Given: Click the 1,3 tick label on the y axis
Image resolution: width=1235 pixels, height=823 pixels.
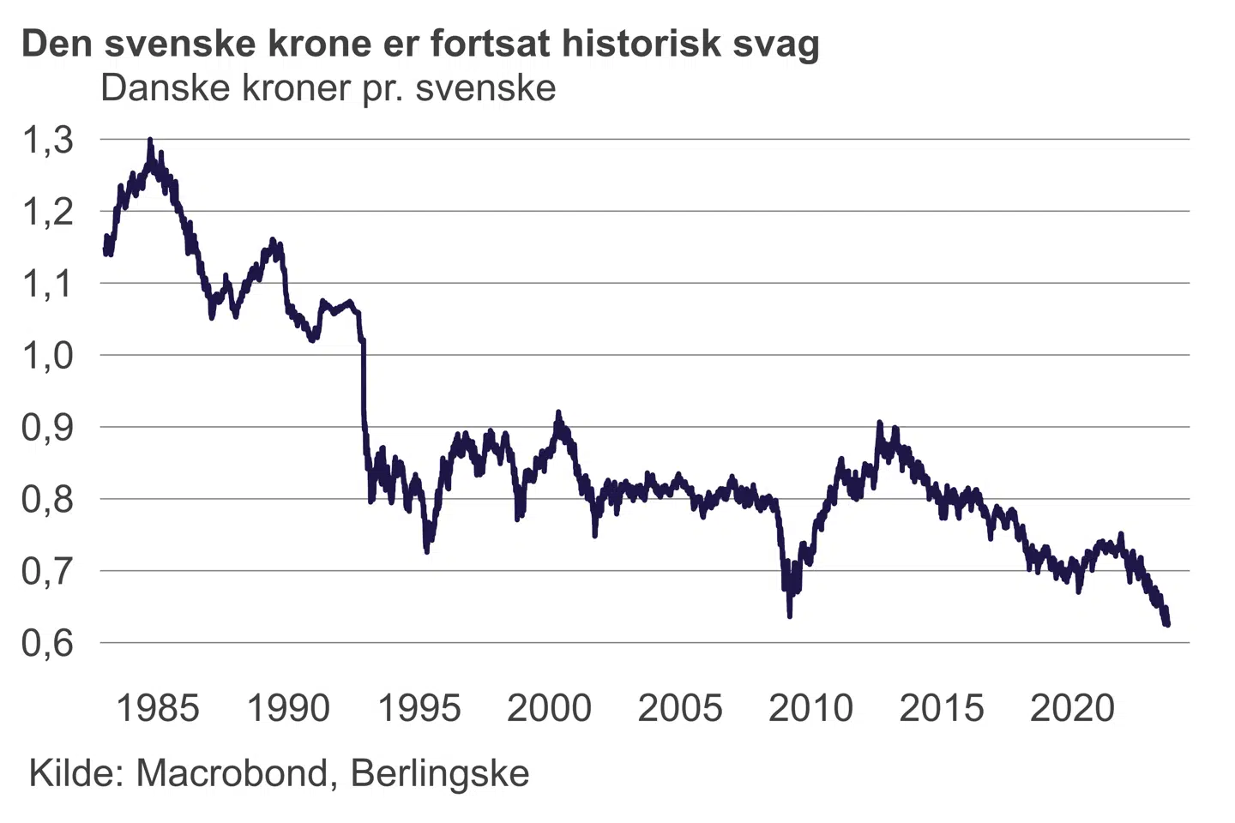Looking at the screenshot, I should point(48,140).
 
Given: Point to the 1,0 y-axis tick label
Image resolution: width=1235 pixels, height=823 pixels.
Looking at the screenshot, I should point(48,355).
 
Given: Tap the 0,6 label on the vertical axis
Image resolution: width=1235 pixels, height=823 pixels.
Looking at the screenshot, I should point(48,643).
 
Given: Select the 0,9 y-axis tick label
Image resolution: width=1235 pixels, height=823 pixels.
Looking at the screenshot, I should point(48,427).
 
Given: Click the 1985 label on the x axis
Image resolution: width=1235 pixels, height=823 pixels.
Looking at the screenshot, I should point(157,708).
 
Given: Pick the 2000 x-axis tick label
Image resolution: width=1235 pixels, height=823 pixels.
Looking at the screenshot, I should point(549,708).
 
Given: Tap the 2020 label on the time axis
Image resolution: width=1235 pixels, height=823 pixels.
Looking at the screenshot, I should point(1072,708).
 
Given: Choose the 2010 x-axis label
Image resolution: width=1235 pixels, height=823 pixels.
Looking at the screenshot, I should point(810,708).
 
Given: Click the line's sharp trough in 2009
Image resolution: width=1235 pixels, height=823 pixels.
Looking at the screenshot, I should point(789,615).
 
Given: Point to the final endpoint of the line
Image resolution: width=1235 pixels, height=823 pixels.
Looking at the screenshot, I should point(1167,624).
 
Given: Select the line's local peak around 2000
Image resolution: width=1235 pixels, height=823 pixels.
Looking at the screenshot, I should point(559,413).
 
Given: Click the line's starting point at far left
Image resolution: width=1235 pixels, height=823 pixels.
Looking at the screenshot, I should point(105,250).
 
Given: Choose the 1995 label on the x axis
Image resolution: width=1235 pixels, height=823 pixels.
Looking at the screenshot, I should point(419,708).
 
